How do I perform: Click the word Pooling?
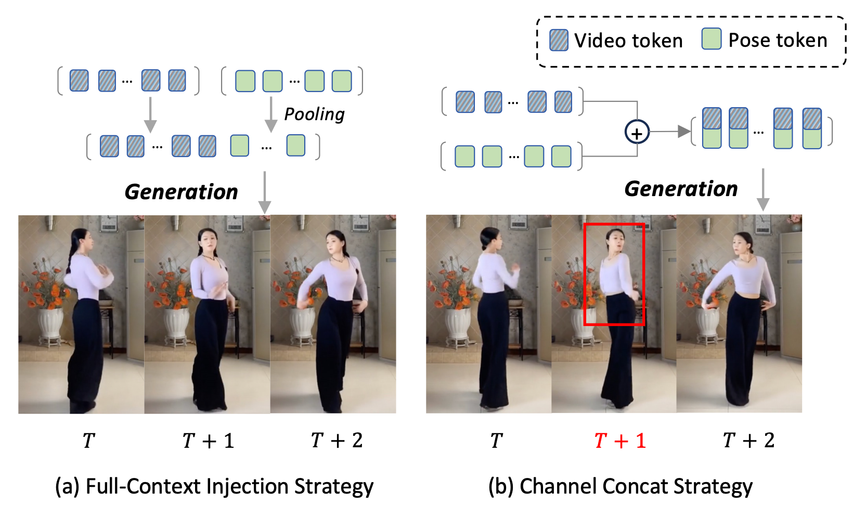pos(314,114)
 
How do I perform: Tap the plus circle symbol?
pos(637,133)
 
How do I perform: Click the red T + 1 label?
pos(619,441)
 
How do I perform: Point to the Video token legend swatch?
pos(559,40)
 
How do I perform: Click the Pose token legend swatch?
pos(711,39)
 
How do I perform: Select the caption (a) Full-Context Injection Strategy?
pos(214,487)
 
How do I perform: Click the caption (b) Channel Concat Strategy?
pos(620,487)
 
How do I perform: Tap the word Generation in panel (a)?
pos(181,192)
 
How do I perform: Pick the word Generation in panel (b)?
pos(681,189)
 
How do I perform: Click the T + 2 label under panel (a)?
pos(337,441)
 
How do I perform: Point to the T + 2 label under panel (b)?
pos(748,441)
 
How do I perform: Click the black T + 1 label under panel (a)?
pos(208,441)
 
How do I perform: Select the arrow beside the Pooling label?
pos(271,114)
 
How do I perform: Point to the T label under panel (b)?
pos(496,441)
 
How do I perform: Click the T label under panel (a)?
pos(88,441)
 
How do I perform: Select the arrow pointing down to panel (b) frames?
pos(763,190)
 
